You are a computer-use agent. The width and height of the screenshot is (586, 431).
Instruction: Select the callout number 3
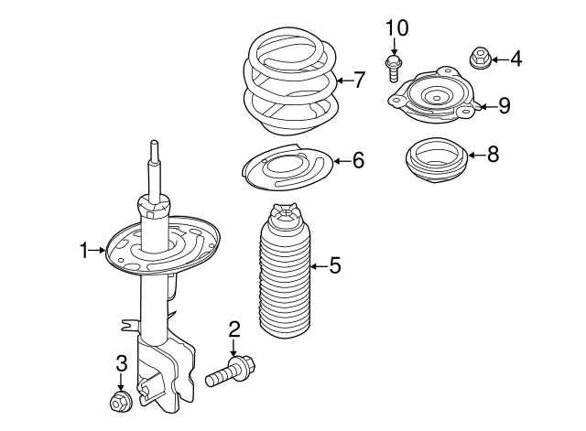tap(120, 364)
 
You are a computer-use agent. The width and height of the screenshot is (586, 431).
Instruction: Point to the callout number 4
tap(515, 60)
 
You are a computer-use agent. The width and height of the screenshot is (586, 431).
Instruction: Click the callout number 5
tap(334, 266)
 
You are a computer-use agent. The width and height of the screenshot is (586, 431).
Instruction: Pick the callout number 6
tap(358, 161)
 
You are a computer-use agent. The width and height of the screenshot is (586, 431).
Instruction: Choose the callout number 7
tap(359, 81)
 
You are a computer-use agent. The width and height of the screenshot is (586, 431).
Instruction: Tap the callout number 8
tap(493, 154)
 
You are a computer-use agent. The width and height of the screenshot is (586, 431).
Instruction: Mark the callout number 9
tap(503, 106)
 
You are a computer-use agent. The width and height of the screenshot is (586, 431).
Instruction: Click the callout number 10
tap(396, 27)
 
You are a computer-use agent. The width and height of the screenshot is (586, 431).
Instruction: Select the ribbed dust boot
tap(283, 279)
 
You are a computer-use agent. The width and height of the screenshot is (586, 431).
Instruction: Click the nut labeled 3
tap(119, 401)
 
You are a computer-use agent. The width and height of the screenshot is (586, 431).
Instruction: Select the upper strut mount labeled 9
tap(437, 97)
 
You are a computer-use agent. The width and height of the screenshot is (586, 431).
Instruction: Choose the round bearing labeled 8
tap(436, 159)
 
